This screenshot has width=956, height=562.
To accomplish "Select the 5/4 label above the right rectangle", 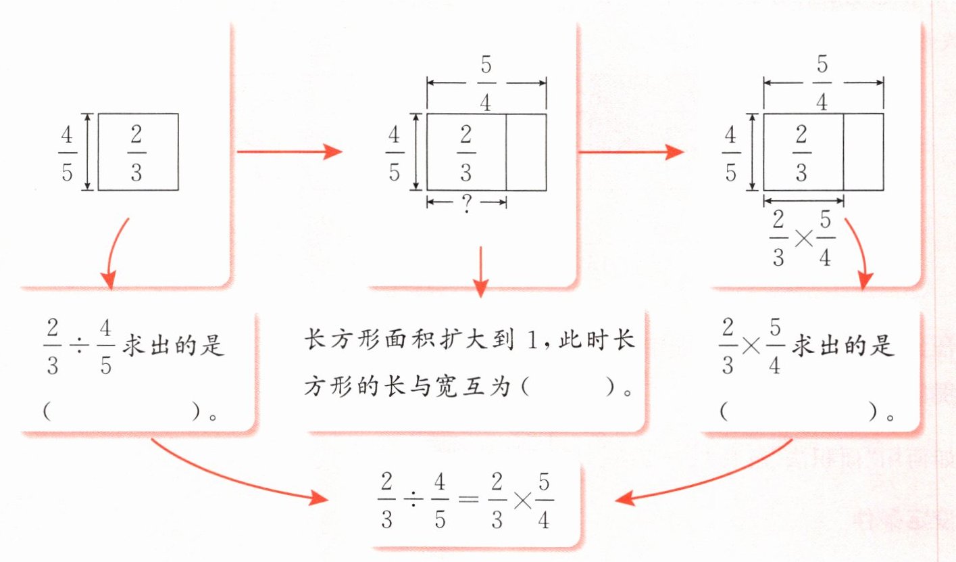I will coord(823,83).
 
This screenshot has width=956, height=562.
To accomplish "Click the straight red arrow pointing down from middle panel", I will coord(480,271).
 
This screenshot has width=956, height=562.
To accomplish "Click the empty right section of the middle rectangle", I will coord(526,152).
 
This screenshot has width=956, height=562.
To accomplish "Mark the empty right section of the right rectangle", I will coord(863,152).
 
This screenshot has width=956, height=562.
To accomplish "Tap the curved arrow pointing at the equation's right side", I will coord(703,479).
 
